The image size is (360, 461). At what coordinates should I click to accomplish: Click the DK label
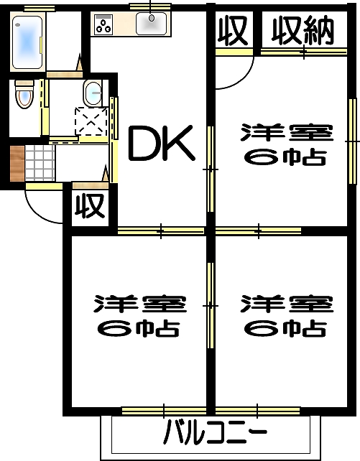point(162,143)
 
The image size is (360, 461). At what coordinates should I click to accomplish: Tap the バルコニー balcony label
point(215,432)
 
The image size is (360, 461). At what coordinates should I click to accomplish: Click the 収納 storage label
point(303,31)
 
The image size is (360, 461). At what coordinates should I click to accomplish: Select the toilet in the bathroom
point(24,94)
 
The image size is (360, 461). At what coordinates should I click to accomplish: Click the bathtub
point(27,42)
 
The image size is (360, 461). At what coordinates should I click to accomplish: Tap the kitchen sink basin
point(151,24)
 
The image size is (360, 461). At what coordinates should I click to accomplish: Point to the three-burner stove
point(103,24)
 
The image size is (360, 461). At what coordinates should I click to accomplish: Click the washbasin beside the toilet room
point(93,93)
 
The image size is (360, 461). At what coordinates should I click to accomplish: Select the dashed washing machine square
point(91,121)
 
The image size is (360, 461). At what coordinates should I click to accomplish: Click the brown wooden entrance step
point(17,164)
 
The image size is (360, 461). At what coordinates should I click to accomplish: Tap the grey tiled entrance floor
point(40,164)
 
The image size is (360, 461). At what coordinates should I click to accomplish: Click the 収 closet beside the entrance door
point(90,206)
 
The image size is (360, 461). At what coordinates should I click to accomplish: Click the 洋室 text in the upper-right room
point(287,133)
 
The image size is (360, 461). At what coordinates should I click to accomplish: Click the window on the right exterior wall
point(352,141)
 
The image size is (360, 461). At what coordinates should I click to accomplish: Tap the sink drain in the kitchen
point(152,18)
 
